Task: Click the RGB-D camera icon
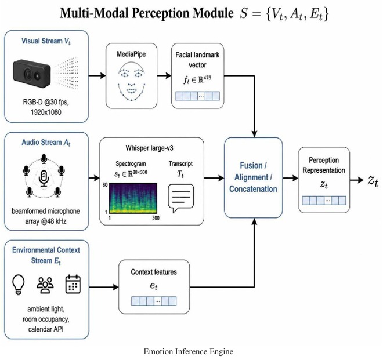tap(32, 74)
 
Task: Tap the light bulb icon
tap(19, 285)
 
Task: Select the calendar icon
tap(73, 284)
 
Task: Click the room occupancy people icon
tap(45, 285)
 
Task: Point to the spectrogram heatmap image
tap(133, 198)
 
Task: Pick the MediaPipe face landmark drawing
tap(131, 81)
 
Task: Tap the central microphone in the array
tap(44, 179)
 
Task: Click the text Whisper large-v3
tap(150, 148)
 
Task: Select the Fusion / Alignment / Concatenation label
tap(253, 177)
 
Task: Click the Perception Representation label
tap(324, 165)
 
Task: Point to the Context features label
tap(154, 272)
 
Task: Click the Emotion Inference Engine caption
tap(189, 351)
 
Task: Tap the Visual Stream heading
tap(46, 41)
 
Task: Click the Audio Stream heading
tap(46, 142)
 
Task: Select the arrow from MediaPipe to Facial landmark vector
tap(164, 76)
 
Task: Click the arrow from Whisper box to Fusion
tap(214, 178)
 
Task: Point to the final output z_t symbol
tap(373, 181)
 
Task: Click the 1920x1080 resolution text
tap(46, 112)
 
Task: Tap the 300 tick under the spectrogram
tap(156, 218)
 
